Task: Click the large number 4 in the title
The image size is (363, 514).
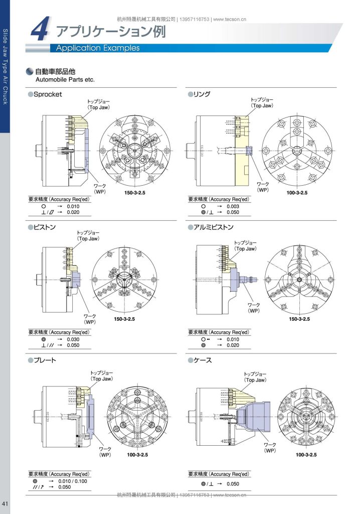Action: pyautogui.click(x=40, y=29)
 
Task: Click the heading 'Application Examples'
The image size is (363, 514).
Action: pyautogui.click(x=98, y=48)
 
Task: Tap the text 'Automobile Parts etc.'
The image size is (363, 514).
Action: pyautogui.click(x=65, y=80)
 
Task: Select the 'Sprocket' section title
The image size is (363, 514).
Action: pyautogui.click(x=48, y=94)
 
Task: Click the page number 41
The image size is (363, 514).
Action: pyautogui.click(x=5, y=503)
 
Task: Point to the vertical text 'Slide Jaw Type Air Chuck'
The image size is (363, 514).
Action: pyautogui.click(x=5, y=67)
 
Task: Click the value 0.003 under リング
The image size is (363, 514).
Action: pyautogui.click(x=233, y=206)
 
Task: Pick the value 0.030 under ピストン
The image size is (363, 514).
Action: pyautogui.click(x=73, y=340)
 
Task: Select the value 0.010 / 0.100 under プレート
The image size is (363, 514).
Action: pyautogui.click(x=73, y=481)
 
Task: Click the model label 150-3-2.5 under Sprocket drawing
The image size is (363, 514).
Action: pyautogui.click(x=134, y=193)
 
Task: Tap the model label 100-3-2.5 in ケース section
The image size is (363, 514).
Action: pyautogui.click(x=306, y=455)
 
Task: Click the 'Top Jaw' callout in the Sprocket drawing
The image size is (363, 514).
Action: pyautogui.click(x=99, y=107)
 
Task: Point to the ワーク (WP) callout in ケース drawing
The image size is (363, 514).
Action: pyautogui.click(x=270, y=448)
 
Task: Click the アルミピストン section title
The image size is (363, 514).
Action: pyautogui.click(x=213, y=227)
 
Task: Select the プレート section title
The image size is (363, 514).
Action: pyautogui.click(x=45, y=360)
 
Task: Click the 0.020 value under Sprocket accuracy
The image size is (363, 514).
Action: pyautogui.click(x=73, y=212)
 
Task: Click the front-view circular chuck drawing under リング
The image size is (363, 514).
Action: pyautogui.click(x=297, y=151)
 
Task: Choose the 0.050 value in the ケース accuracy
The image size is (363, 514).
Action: pyautogui.click(x=233, y=484)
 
